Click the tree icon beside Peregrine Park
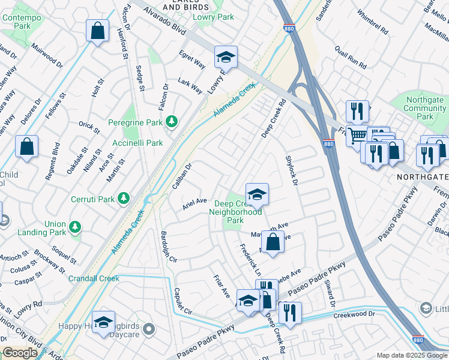pyautogui.click(x=172, y=122)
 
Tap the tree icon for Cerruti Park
pyautogui.click(x=124, y=197)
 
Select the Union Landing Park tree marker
pyautogui.click(x=75, y=227)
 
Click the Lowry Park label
pyautogui.click(x=213, y=17)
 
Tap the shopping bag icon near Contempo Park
pyautogui.click(x=97, y=31)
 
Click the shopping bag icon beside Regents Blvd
pyautogui.click(x=27, y=147)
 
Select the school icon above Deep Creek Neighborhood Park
pyautogui.click(x=257, y=194)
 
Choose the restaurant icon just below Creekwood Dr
pyautogui.click(x=290, y=313)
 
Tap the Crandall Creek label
pyautogui.click(x=94, y=278)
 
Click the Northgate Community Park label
pyautogui.click(x=425, y=108)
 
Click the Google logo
pyautogui.click(x=20, y=353)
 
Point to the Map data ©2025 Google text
pyautogui.click(x=412, y=355)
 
